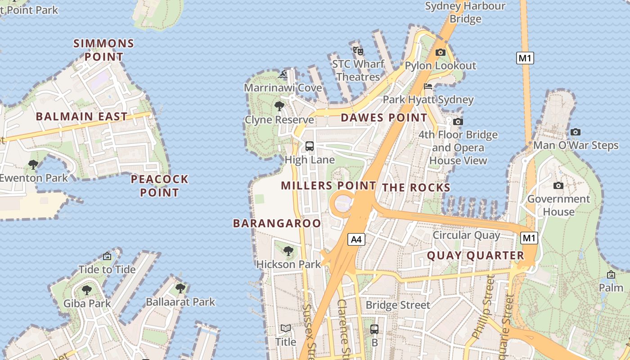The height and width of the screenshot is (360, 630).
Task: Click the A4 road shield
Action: click(356, 239)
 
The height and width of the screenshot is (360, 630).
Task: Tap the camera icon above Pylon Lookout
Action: click(441, 53)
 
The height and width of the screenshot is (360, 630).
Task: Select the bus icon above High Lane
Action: click(310, 146)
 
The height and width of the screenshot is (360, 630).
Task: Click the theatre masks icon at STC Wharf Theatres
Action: click(358, 50)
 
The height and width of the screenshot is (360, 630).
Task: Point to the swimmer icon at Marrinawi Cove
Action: click(283, 75)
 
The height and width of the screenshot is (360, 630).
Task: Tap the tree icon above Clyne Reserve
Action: click(279, 106)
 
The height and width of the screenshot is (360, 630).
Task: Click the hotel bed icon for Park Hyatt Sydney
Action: click(428, 86)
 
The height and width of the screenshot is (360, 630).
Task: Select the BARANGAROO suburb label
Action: click(277, 223)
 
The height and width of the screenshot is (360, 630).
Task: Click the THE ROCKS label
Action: click(416, 188)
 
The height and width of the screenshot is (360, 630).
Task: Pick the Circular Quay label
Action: click(466, 235)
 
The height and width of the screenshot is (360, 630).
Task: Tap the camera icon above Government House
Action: click(558, 185)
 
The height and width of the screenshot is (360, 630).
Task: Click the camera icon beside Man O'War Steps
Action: click(575, 132)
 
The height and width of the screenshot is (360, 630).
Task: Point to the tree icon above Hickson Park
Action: click(288, 251)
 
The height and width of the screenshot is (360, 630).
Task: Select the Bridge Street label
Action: click(398, 305)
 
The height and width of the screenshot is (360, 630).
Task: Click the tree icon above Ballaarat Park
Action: click(180, 288)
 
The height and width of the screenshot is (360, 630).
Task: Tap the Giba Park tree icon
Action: click(87, 290)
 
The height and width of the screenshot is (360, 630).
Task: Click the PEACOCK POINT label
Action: click(159, 186)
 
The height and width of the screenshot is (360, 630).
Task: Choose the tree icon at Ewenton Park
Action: click(33, 164)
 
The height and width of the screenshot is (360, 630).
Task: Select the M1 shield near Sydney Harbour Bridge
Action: click(525, 58)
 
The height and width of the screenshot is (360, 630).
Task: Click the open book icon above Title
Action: click(286, 328)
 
